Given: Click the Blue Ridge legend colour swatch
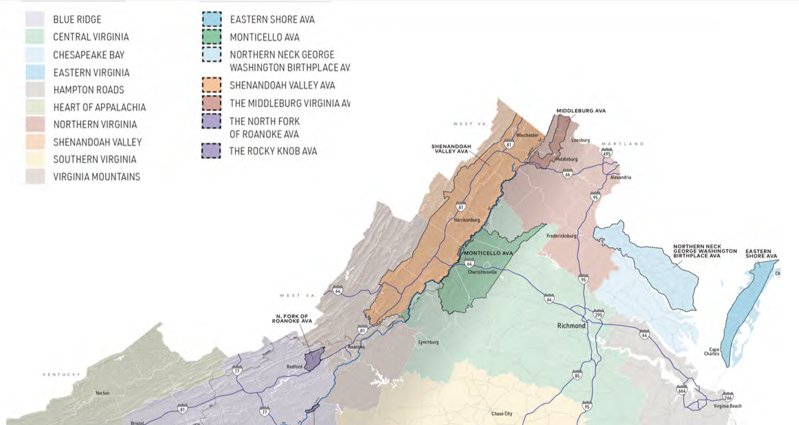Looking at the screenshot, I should [35, 19].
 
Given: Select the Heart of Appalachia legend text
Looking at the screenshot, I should [99, 107].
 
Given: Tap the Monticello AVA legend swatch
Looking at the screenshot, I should [212, 37].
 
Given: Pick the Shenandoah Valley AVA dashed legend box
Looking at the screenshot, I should [212, 85].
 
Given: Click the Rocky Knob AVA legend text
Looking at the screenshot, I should [273, 151].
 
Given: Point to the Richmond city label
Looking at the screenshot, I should [571, 326].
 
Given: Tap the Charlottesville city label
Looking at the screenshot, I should [482, 272].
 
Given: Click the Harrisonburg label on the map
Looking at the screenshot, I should [467, 220].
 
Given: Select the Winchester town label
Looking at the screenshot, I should [527, 135].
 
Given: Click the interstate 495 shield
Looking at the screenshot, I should [607, 153].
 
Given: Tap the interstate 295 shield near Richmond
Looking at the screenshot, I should [598, 314].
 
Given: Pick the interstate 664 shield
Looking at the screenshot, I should [682, 390].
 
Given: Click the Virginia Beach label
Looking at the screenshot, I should [727, 406].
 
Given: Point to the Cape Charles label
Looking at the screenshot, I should [712, 351].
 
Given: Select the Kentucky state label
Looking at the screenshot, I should [62, 375].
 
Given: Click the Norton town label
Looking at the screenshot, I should [102, 393].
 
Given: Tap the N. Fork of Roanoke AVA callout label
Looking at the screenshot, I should [292, 318].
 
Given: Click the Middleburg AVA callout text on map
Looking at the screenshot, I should [580, 111].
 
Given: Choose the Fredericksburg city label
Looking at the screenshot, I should [561, 236].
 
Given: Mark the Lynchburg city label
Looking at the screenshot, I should [428, 342].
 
